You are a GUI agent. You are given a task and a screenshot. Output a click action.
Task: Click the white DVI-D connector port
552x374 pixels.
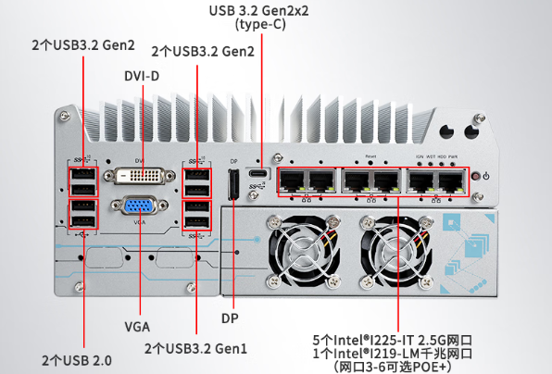click(x=140, y=175)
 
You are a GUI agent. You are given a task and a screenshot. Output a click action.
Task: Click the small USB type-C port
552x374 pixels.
click(x=260, y=174)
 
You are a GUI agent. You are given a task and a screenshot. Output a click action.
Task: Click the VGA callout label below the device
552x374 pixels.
click(x=137, y=326)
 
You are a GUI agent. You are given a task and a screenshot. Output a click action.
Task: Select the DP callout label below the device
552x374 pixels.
click(x=232, y=318)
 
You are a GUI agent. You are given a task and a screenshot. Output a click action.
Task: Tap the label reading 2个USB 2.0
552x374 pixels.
click(x=79, y=358)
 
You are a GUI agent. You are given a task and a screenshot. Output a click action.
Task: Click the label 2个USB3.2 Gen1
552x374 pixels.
click(x=195, y=348)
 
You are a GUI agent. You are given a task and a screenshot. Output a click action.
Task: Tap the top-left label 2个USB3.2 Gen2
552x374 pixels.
click(x=83, y=44)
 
